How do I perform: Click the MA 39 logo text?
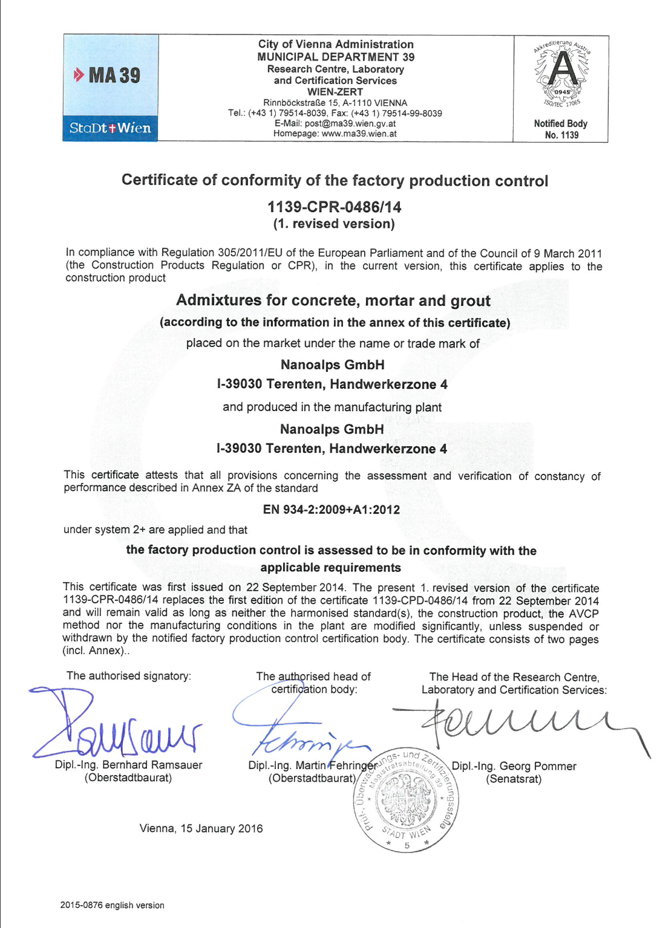107,76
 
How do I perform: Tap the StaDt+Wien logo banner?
110,128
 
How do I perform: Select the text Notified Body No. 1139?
561,129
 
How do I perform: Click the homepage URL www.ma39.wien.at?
359,134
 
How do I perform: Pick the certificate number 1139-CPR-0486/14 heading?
335,207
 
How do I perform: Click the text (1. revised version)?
334,224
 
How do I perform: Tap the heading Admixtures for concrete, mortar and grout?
333,300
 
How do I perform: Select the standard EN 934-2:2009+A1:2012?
332,510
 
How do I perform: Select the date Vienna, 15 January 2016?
201,828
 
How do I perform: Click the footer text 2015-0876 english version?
113,905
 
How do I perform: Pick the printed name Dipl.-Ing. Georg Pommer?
514,766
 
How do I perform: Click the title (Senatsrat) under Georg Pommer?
514,779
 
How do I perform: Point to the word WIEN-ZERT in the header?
335,92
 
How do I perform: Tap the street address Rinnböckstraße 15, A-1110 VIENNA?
335,103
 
